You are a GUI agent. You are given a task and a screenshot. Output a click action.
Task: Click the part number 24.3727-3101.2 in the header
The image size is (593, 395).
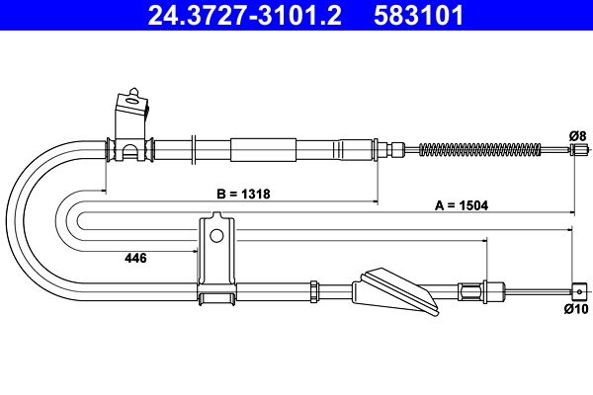coord(245,15)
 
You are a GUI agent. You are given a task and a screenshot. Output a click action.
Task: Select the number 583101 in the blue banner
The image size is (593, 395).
coord(418,15)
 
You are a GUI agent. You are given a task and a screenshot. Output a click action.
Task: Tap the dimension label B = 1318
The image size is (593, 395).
coord(243,194)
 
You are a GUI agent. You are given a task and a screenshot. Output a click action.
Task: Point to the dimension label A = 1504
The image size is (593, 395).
coord(462,205)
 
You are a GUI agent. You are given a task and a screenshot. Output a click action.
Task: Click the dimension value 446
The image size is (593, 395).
coord(135,258)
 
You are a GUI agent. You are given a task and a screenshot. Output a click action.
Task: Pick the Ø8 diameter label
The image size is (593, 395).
coord(577,135)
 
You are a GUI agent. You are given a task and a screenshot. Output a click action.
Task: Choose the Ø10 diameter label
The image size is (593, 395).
coord(576,309)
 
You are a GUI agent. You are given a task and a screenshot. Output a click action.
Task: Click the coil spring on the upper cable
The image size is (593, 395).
coord(480,150)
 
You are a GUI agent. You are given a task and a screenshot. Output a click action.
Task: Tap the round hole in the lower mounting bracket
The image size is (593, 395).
coord(216,235)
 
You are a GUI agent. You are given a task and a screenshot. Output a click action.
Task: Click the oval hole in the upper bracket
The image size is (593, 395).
coord(132,101)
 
